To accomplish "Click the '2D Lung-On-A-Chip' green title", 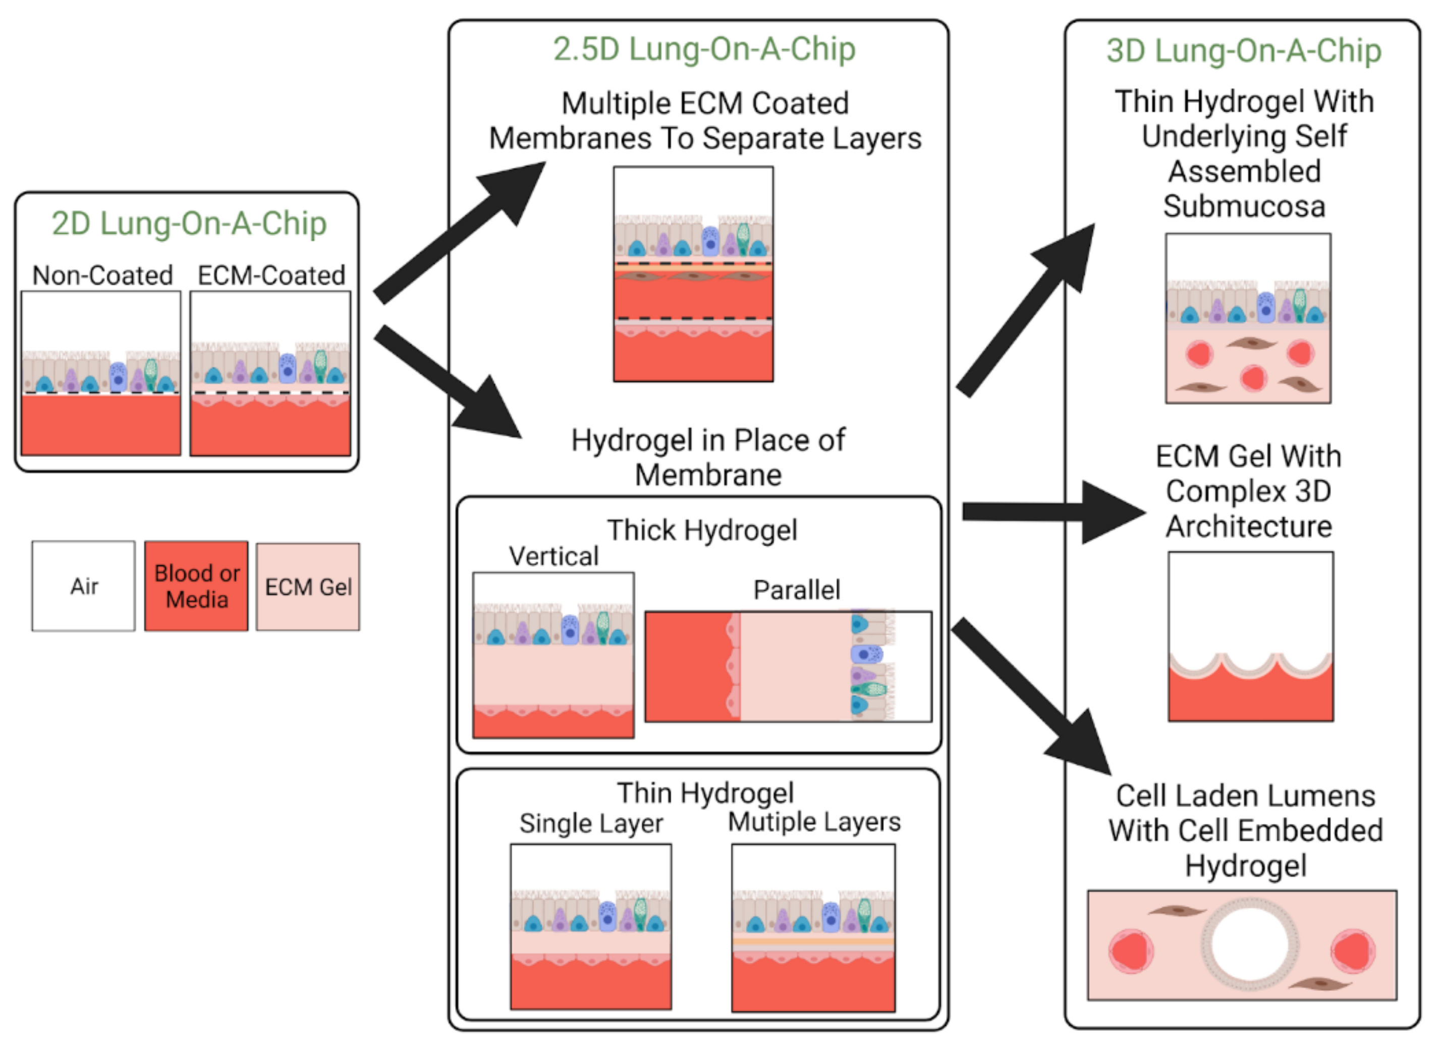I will click(x=189, y=224).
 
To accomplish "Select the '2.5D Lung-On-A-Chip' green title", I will click(x=704, y=49).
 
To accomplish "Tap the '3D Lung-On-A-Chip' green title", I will click(x=1243, y=51).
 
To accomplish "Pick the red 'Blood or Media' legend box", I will click(x=197, y=586).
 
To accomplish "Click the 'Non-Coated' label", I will click(x=102, y=275).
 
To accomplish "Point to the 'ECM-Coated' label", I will click(x=271, y=275).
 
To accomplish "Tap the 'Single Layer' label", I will click(x=591, y=824).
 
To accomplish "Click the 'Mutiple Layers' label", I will click(x=814, y=822).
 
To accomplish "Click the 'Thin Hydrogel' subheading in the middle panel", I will click(x=705, y=793).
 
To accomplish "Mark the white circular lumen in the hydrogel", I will click(x=1249, y=945).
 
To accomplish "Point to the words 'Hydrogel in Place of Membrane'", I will click(x=708, y=457).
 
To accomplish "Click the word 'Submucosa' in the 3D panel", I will click(x=1243, y=206).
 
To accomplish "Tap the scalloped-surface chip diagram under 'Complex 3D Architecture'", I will click(x=1250, y=636).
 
